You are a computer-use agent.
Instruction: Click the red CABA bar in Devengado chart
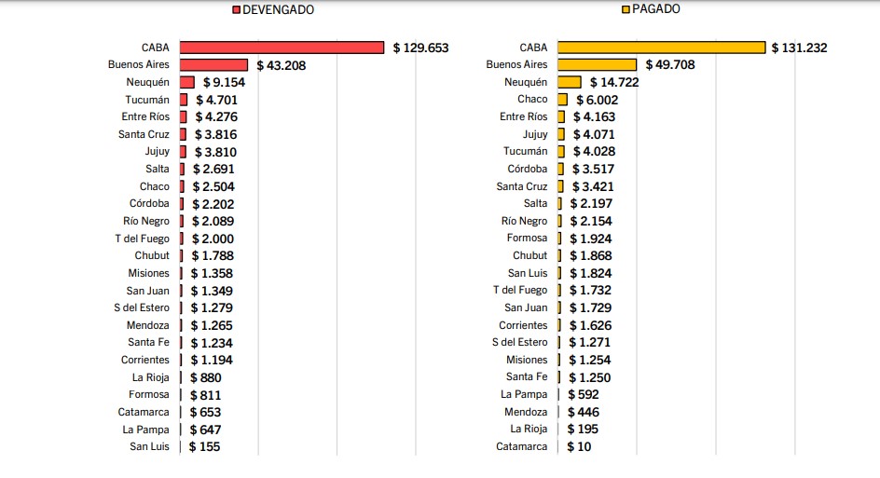point(282,48)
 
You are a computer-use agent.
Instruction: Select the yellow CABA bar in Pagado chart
point(661,48)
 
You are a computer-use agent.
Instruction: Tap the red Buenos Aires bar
point(213,65)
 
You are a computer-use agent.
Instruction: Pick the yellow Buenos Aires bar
point(597,65)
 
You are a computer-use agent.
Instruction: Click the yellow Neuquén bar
point(569,82)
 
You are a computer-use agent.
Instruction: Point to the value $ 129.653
point(421,48)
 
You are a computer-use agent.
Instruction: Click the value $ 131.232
point(800,48)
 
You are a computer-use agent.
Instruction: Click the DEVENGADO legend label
point(279,10)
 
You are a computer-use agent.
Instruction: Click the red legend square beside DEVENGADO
point(236,10)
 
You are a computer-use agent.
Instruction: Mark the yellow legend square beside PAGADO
point(626,9)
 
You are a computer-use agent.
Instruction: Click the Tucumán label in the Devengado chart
point(147,100)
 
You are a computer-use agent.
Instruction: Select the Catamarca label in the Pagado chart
point(521,446)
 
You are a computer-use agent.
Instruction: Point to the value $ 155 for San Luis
point(204,446)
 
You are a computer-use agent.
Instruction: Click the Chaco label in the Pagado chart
point(532,100)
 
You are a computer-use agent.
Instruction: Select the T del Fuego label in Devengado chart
point(142,239)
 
